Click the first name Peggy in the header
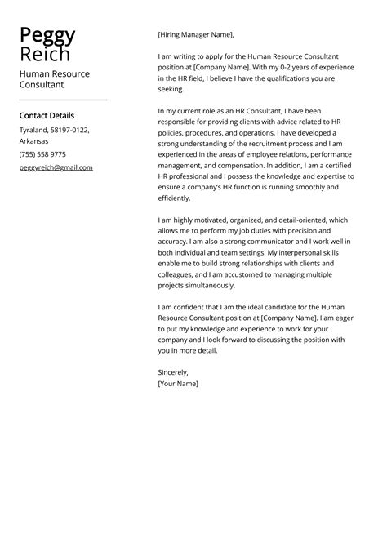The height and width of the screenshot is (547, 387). [x=47, y=35]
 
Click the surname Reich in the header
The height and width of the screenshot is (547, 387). [x=45, y=54]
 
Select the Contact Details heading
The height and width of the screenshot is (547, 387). [x=47, y=115]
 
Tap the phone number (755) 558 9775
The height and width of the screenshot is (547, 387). [x=42, y=154]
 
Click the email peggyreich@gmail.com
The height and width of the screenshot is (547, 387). [x=56, y=167]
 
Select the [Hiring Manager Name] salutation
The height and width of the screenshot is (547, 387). [x=196, y=35]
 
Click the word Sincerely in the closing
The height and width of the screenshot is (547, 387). [x=172, y=371]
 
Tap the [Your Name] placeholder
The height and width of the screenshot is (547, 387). [x=178, y=383]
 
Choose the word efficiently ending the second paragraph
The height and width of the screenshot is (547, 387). [x=174, y=198]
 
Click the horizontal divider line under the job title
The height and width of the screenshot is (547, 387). [x=64, y=99]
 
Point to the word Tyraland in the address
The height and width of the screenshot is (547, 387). [x=34, y=130]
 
